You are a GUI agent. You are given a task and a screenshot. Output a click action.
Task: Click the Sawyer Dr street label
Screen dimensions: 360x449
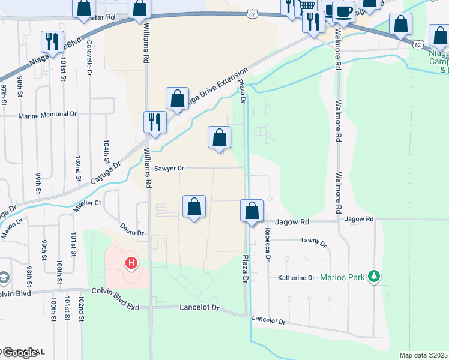pyautogui.click(x=169, y=169)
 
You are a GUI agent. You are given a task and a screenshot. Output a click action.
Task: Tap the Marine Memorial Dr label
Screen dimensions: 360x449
pyautogui.click(x=48, y=115)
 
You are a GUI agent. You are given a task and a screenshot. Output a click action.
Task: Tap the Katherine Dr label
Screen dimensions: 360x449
pyautogui.click(x=296, y=278)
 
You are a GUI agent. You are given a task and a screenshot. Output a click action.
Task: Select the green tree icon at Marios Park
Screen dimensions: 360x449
pyautogui.click(x=375, y=276)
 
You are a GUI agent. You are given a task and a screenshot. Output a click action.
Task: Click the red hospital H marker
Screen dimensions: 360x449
pyautogui.click(x=131, y=263)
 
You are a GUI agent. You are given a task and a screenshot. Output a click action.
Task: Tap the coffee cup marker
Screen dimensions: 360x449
pyautogui.click(x=343, y=11)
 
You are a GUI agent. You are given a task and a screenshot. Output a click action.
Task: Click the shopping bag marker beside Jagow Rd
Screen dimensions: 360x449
pyautogui.click(x=252, y=211)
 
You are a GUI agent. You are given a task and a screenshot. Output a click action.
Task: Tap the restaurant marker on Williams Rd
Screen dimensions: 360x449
pyautogui.click(x=155, y=122)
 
